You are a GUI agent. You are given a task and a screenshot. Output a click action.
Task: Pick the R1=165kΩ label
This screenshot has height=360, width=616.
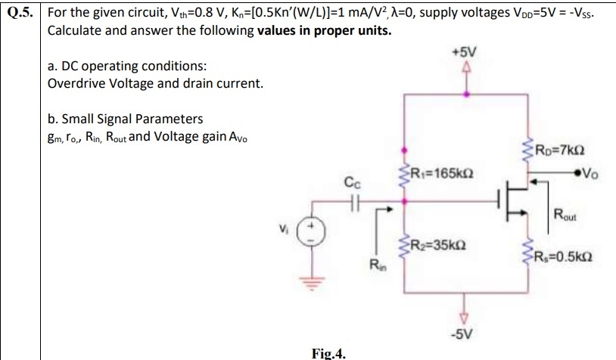click(x=438, y=172)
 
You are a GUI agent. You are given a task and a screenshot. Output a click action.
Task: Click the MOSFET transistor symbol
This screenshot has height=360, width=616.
click(x=515, y=200)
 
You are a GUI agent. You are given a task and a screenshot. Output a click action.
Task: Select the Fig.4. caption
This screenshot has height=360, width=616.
click(x=329, y=352)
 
